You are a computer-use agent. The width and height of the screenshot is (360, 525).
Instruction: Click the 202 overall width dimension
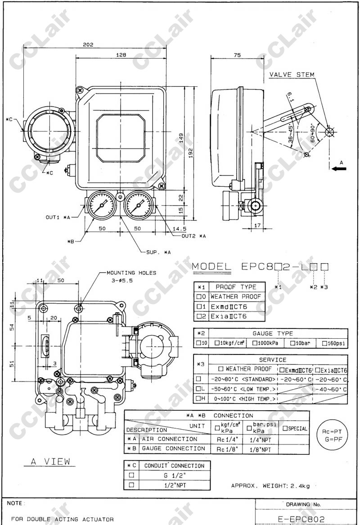pyautogui.click(x=88, y=45)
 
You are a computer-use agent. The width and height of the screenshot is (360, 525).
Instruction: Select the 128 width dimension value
pyautogui.click(x=121, y=54)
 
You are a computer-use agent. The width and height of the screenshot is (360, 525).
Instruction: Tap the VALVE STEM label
pyautogui.click(x=292, y=75)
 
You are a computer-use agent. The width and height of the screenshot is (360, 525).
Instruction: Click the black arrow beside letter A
pyautogui.click(x=340, y=169)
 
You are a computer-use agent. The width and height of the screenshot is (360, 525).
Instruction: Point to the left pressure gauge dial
pyautogui.click(x=101, y=205)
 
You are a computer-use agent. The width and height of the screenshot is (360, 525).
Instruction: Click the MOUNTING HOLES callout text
pyautogui.click(x=131, y=273)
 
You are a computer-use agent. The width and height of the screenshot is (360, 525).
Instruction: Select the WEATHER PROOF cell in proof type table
pyautogui.click(x=235, y=296)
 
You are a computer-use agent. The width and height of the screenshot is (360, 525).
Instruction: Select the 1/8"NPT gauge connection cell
pyautogui.click(x=260, y=449)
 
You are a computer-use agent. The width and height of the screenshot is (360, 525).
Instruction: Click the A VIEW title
pyautogui.click(x=50, y=462)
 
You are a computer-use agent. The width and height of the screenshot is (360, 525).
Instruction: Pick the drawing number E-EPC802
pyautogui.click(x=301, y=519)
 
